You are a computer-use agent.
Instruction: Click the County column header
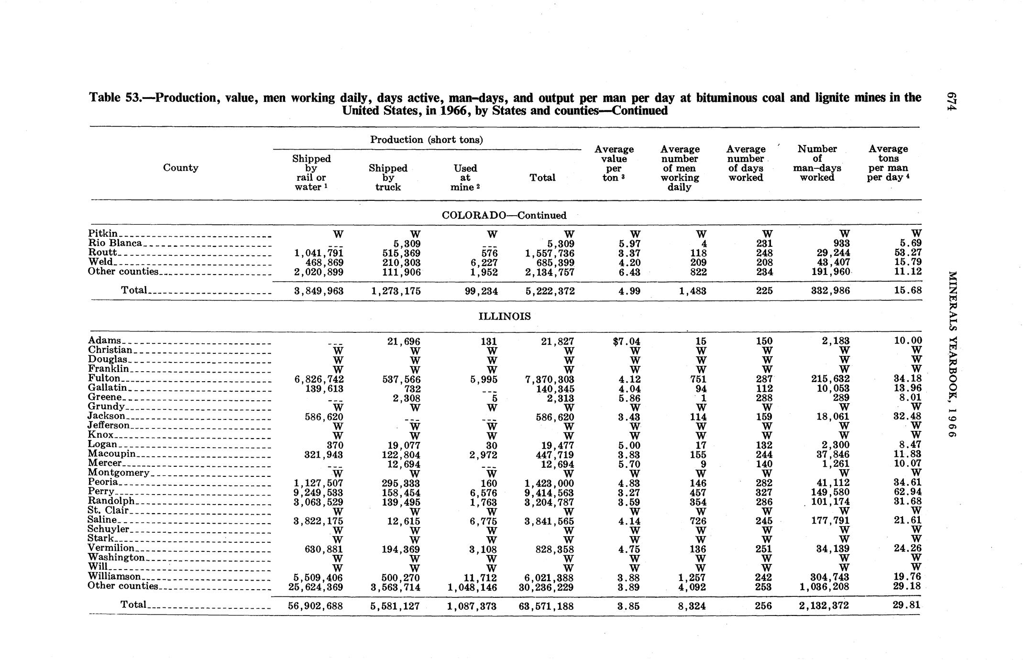pos(180,167)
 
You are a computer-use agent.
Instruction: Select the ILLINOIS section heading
pos(505,317)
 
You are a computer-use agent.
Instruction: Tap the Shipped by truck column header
pos(388,177)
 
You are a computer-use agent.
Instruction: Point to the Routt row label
pos(103,252)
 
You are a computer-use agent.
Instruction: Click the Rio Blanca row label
pos(115,242)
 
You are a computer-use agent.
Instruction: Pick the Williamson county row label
pos(114,576)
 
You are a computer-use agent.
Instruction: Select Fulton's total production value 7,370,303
pos(550,379)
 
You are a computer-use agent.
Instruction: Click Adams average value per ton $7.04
pos(626,341)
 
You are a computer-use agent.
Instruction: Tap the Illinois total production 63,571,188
pos(547,606)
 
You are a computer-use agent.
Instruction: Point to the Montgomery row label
pos(119,473)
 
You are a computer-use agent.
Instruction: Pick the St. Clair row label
pos(108,510)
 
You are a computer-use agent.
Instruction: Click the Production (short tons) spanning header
pos(426,140)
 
